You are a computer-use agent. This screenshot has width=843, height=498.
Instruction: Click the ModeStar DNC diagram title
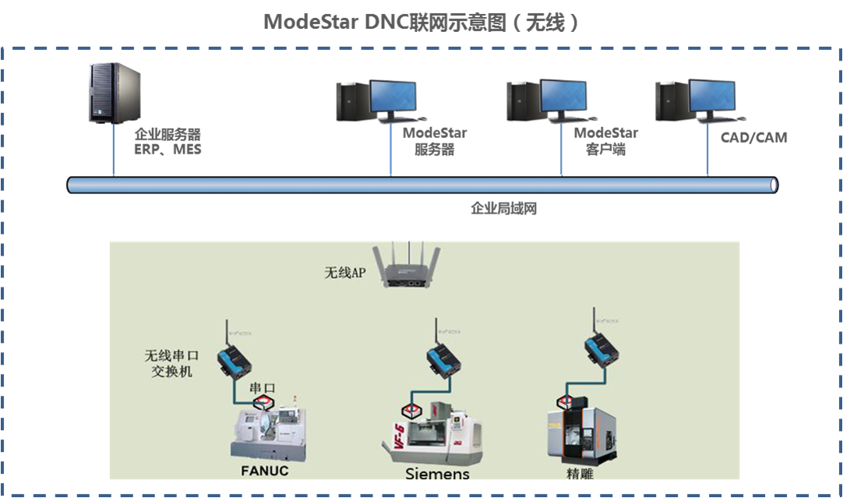[x=421, y=21]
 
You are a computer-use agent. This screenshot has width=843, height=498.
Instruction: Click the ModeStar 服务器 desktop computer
[x=377, y=101]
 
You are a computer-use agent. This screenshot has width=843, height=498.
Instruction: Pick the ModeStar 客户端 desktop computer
[x=548, y=101]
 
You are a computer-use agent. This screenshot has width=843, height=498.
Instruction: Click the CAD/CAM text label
[x=755, y=138]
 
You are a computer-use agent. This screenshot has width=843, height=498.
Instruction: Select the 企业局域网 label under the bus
[x=503, y=209]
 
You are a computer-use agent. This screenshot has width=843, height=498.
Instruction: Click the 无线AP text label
[x=345, y=273]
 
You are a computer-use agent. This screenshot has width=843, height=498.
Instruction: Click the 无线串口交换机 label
[x=169, y=363]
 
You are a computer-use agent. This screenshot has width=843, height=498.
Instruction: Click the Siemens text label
[x=437, y=474]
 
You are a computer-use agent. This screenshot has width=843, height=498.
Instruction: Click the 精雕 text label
[x=580, y=473]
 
